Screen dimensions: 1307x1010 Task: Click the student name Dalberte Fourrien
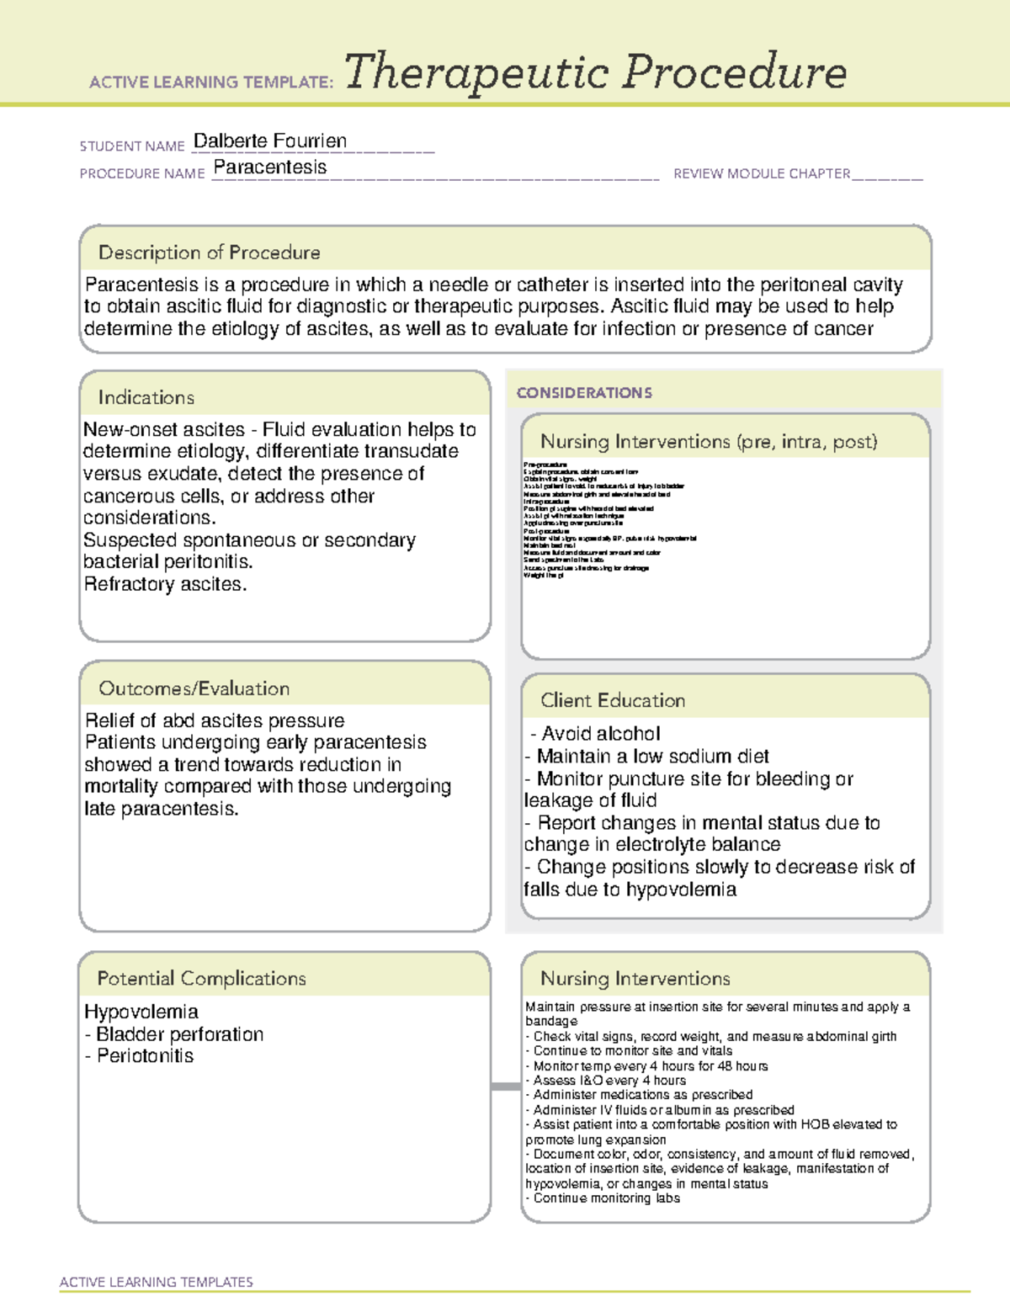click(269, 141)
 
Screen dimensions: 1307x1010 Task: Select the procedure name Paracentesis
click(270, 167)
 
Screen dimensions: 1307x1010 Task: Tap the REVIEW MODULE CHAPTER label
click(762, 173)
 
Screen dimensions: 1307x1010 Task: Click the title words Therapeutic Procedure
click(595, 72)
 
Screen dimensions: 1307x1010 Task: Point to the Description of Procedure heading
click(209, 252)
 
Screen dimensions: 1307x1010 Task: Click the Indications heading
click(146, 397)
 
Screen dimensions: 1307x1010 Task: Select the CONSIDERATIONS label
click(584, 393)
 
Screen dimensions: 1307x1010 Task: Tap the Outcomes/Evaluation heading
click(194, 688)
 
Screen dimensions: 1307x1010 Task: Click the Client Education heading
click(613, 700)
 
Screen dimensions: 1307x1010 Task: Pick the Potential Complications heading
click(201, 978)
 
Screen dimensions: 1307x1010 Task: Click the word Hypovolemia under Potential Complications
click(141, 1012)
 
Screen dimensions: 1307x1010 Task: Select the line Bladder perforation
click(179, 1034)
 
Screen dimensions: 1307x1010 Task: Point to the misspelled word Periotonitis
click(145, 1056)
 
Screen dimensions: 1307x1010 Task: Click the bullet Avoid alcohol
click(600, 734)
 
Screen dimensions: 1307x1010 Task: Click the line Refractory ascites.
click(165, 584)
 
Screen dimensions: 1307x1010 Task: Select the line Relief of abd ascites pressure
click(215, 721)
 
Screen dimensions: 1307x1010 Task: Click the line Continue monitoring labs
click(606, 1198)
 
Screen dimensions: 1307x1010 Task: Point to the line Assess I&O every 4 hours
click(609, 1081)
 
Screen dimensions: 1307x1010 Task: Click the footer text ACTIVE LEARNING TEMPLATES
click(157, 1282)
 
